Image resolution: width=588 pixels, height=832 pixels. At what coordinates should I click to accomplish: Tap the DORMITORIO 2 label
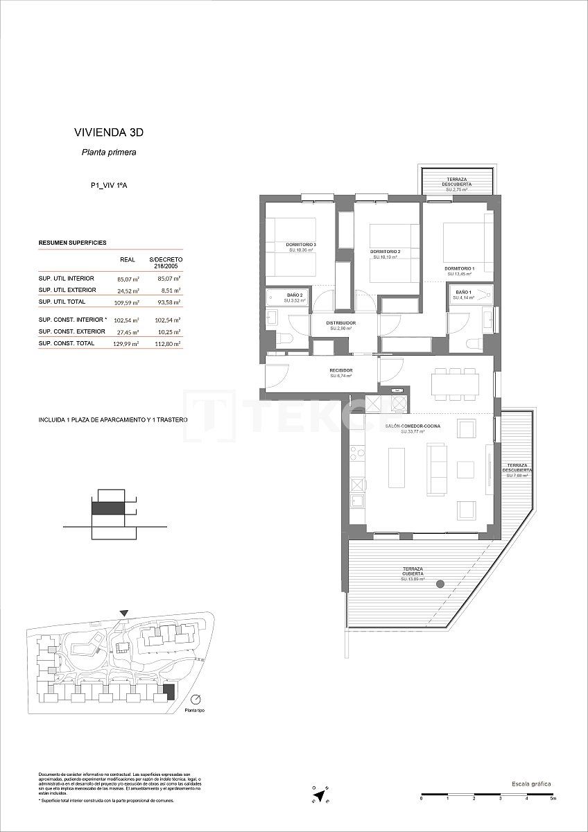pos(385,251)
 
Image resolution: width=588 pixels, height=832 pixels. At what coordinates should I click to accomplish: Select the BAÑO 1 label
pos(462,293)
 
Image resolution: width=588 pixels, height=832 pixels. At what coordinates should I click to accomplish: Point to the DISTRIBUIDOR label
pos(341,323)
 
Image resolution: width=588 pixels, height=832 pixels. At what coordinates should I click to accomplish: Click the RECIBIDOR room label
pos(341,371)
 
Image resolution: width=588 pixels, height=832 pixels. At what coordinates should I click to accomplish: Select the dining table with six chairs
pos(455,383)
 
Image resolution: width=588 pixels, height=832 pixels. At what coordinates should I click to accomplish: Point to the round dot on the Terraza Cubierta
pos(440,585)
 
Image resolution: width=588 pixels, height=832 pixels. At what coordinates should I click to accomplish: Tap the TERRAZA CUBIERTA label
pos(413,571)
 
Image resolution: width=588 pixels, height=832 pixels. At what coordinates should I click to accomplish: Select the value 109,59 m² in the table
pos(128,303)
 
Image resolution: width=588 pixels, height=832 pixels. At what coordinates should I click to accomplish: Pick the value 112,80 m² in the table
pos(168,343)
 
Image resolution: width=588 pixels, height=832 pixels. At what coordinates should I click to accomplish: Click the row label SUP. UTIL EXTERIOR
pos(67,290)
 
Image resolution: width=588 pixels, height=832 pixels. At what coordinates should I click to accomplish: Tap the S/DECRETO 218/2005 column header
pos(166,262)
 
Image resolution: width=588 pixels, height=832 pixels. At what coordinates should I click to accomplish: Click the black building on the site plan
pos(167,690)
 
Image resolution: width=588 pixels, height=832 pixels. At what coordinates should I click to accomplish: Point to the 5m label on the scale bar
pos(553,799)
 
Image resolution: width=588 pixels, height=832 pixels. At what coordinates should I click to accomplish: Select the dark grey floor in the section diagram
pos(108,508)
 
